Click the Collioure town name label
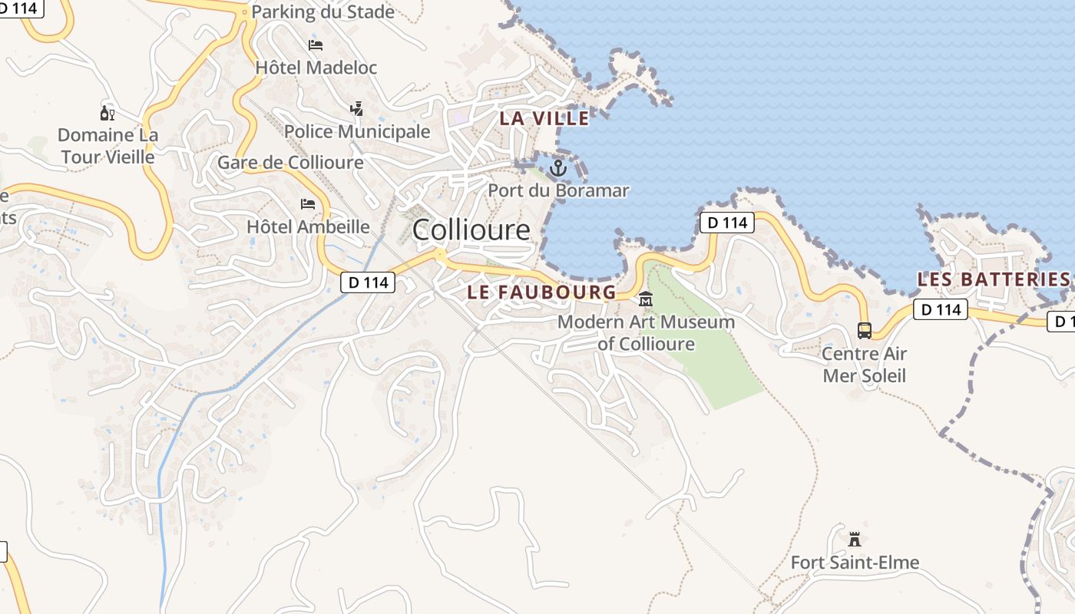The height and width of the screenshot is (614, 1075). pos(471,229)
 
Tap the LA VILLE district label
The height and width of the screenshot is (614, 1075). pos(544,118)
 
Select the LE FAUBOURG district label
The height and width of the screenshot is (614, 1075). pos(541,292)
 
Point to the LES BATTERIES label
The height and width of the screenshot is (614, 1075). pos(994,279)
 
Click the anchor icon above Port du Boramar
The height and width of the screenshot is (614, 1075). pos(558,167)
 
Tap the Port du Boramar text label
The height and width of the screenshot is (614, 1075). pos(558,190)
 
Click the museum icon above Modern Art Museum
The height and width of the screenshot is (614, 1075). pos(646,299)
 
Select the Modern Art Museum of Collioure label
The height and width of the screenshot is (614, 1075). pos(646,332)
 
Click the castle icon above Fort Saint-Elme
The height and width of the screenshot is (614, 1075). pos(855,540)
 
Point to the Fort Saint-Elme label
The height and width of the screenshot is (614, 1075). pos(855,563)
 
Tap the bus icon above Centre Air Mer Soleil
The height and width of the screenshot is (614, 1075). pos(865,331)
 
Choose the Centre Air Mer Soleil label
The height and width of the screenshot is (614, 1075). pos(865,365)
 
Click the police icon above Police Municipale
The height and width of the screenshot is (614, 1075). pos(357,109)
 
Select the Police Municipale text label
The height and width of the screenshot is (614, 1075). pos(357,131)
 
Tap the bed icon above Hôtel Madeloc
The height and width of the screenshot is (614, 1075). pos(316,45)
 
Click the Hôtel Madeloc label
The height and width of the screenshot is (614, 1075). pos(316,68)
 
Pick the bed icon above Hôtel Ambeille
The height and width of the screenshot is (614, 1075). pos(308,204)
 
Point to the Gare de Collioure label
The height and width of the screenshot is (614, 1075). pos(290,163)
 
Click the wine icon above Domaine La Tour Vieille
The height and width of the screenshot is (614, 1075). pos(107,114)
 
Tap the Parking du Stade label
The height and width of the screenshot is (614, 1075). pos(322,12)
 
